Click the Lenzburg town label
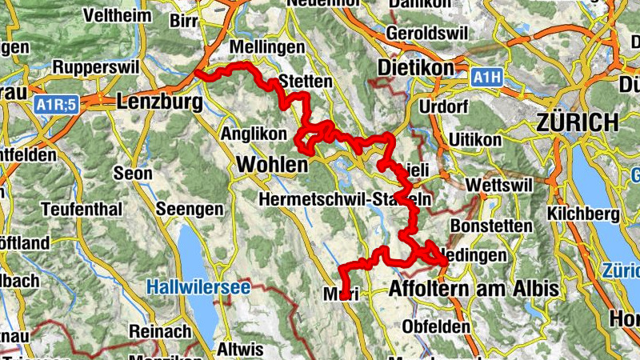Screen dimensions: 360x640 [x=159, y=102]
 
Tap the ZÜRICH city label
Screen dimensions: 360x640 [x=578, y=122]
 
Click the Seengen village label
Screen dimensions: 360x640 [x=190, y=209]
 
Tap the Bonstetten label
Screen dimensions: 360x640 [x=491, y=226]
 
